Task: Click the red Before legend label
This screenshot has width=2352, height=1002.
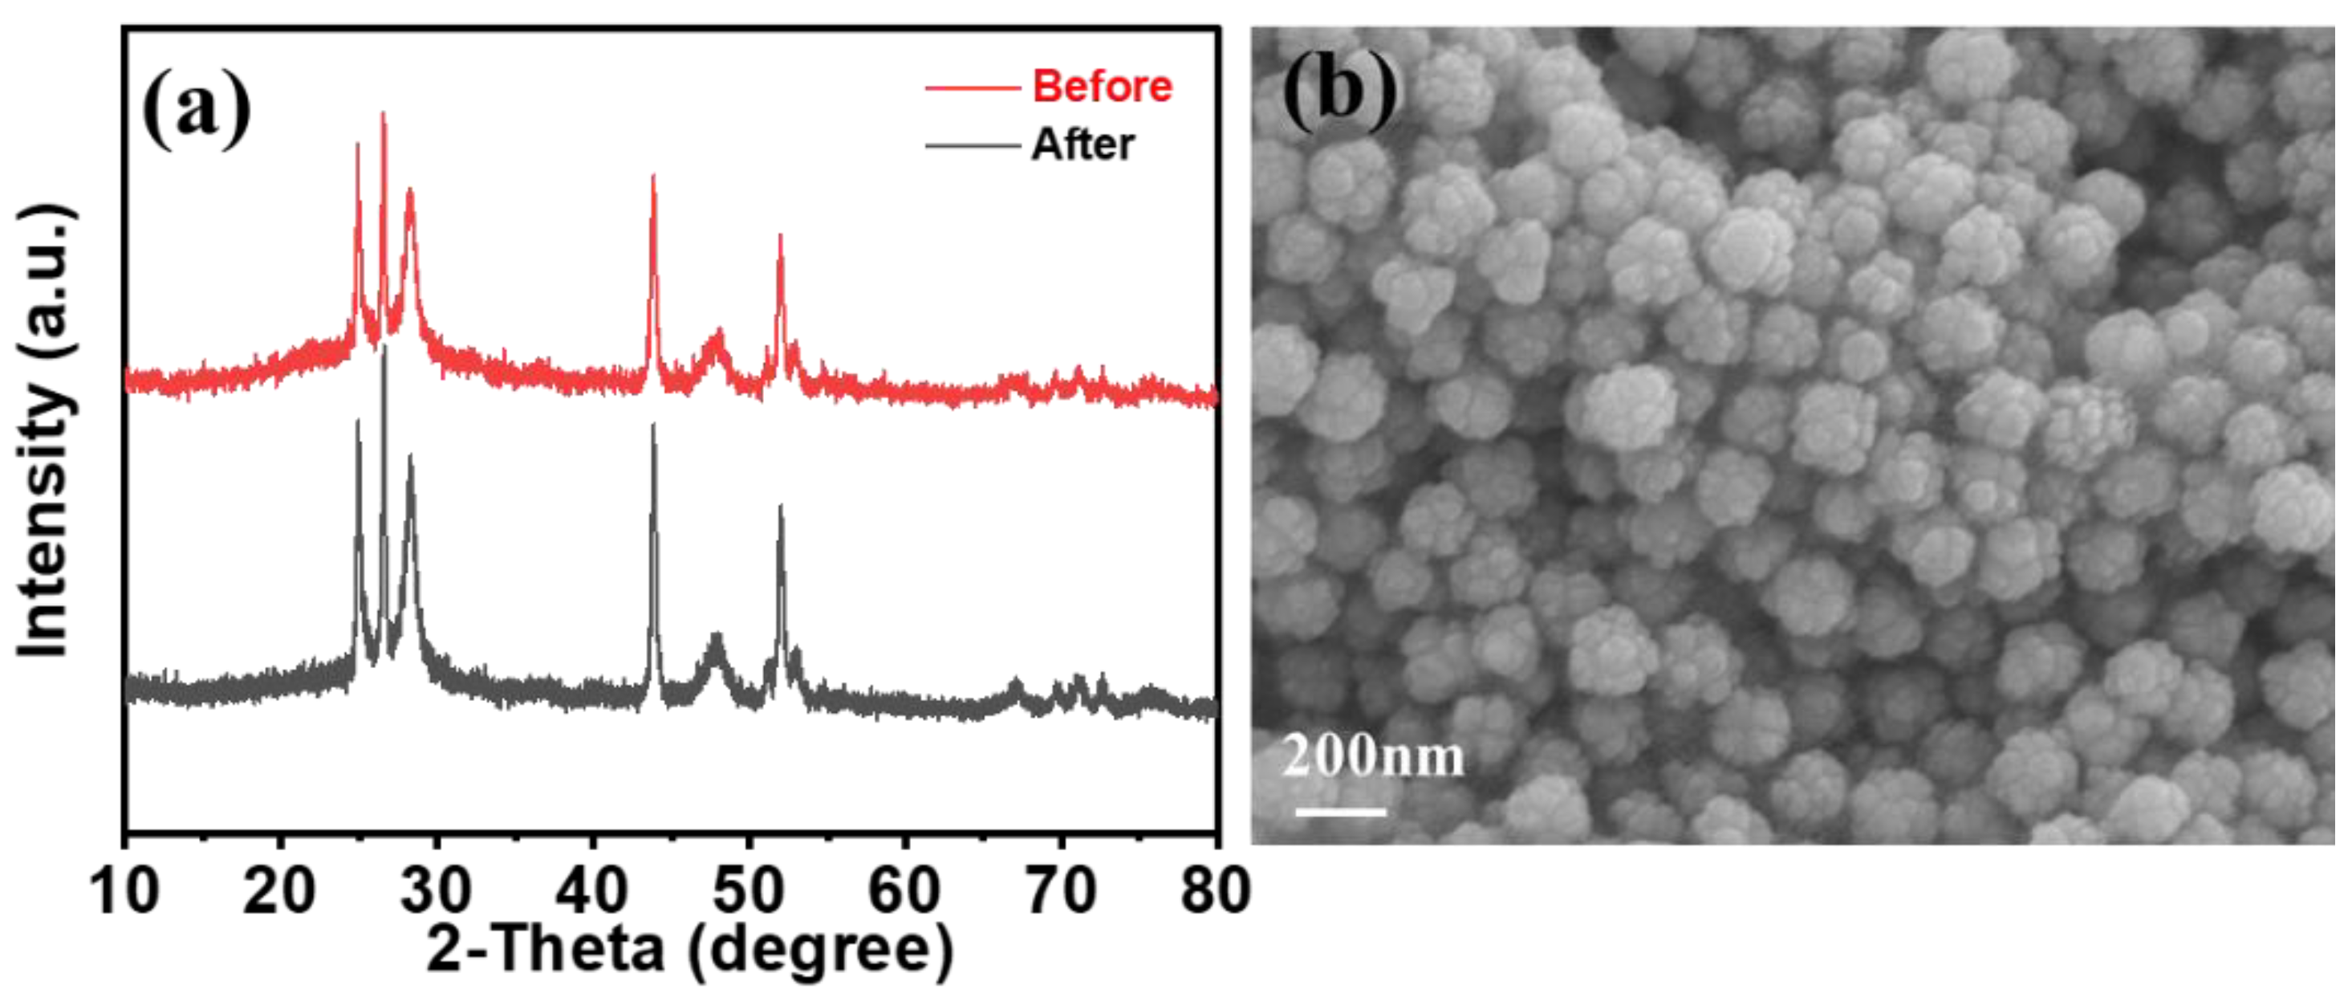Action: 1101,87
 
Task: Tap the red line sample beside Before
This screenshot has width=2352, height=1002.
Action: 972,88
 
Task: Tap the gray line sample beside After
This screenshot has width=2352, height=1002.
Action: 972,145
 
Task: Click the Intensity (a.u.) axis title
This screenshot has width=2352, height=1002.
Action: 44,430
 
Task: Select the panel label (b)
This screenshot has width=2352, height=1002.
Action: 1338,92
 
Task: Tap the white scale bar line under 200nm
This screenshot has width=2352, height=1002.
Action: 1340,811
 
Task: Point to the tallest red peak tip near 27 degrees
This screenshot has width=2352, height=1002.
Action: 383,113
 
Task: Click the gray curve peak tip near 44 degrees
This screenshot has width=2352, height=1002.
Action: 653,426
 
